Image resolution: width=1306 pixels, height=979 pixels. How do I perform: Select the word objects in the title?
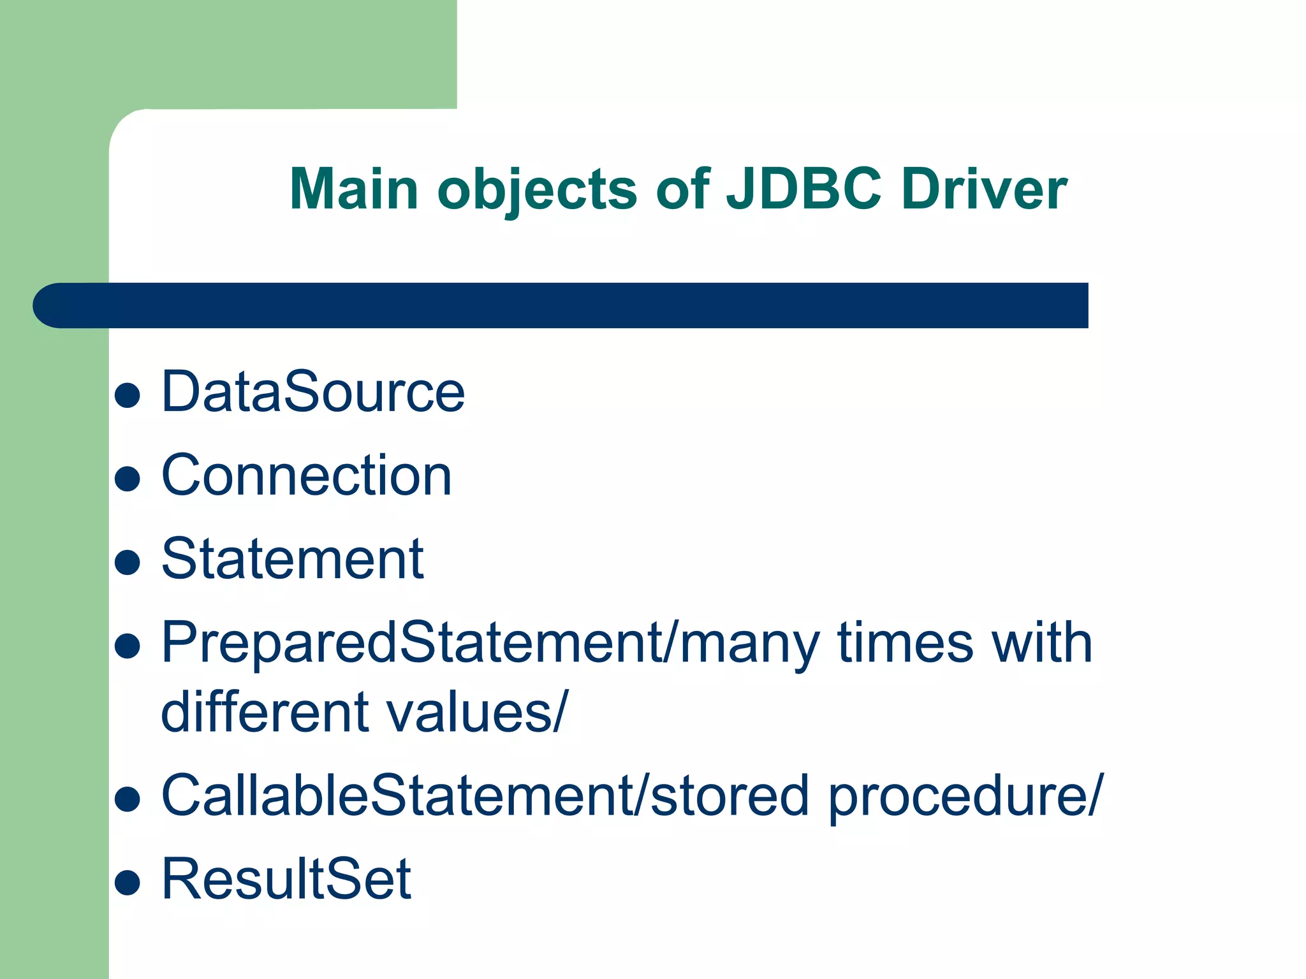(x=537, y=190)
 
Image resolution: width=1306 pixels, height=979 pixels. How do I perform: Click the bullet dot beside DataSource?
(x=128, y=395)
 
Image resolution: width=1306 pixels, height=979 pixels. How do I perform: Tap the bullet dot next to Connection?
(x=128, y=479)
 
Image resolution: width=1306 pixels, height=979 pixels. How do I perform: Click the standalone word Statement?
(x=293, y=559)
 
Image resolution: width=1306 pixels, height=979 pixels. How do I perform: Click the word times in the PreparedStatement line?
(x=905, y=642)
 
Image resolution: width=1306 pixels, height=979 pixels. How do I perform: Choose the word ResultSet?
(x=286, y=879)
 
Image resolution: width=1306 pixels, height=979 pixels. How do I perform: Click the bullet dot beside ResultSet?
(x=128, y=883)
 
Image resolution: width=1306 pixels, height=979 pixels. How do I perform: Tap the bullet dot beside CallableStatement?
(x=128, y=799)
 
